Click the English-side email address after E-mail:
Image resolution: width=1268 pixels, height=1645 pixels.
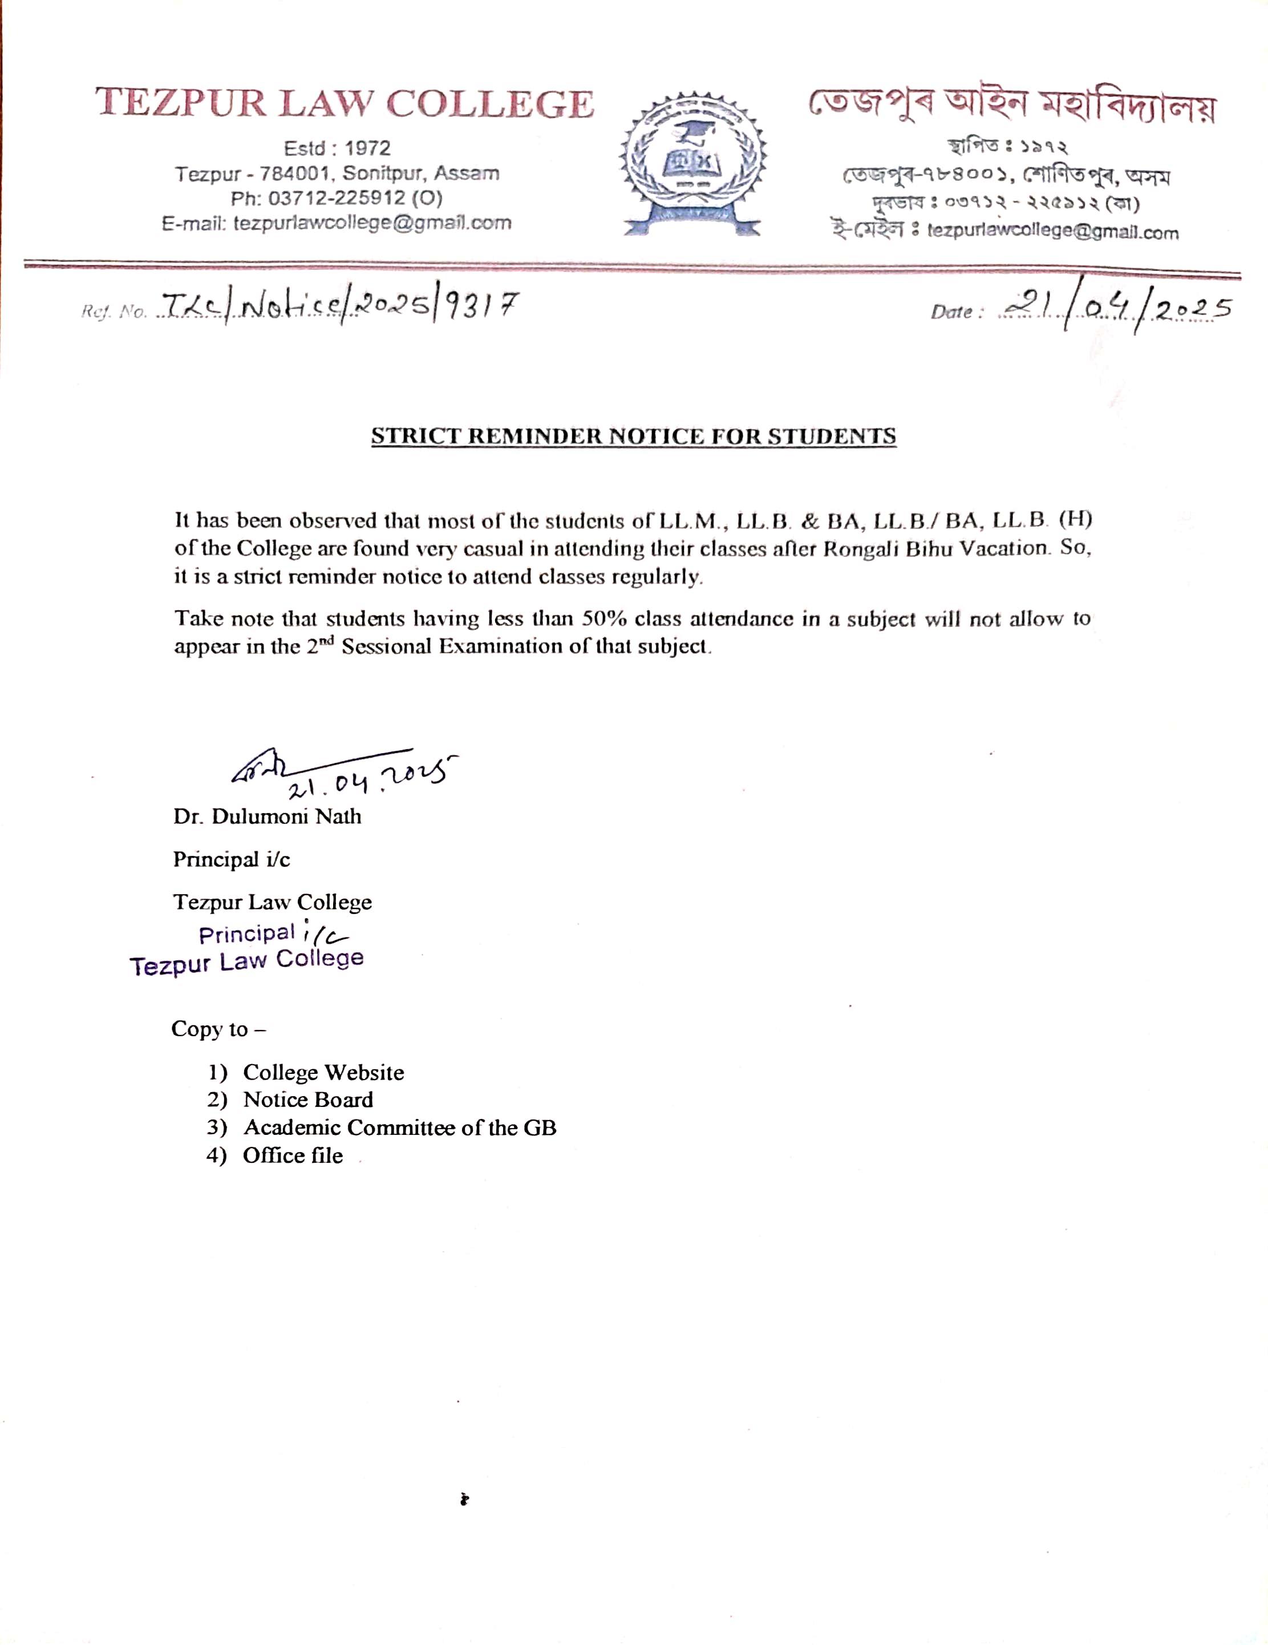pyautogui.click(x=372, y=223)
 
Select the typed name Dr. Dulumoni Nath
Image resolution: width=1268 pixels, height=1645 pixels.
pyautogui.click(x=268, y=817)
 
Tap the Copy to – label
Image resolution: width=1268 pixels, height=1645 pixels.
pyautogui.click(x=218, y=1029)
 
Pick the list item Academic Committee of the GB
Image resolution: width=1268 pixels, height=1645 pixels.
pyautogui.click(x=400, y=1127)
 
